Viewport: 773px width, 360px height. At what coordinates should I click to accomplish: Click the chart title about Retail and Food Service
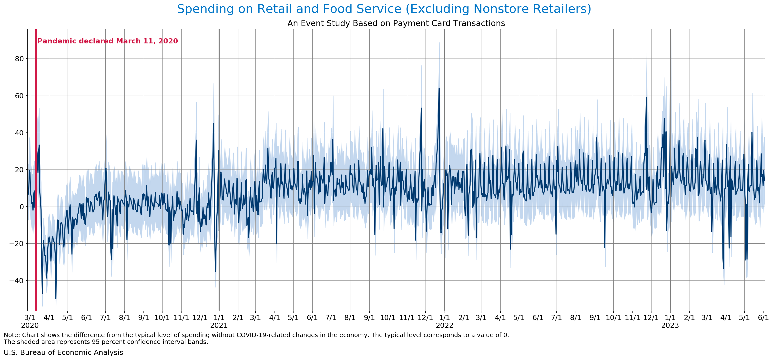pyautogui.click(x=384, y=9)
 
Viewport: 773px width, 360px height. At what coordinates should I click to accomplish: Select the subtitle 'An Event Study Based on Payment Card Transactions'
pyautogui.click(x=396, y=23)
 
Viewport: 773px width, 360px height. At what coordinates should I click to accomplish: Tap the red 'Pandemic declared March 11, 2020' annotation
pyautogui.click(x=107, y=41)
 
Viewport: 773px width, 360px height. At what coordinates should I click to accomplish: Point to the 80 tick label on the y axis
pyautogui.click(x=19, y=59)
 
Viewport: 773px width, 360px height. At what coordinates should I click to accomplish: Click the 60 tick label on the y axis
pyautogui.click(x=19, y=96)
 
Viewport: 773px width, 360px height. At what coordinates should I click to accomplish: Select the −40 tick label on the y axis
pyautogui.click(x=17, y=281)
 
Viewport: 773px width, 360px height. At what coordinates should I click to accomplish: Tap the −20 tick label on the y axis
pyautogui.click(x=17, y=244)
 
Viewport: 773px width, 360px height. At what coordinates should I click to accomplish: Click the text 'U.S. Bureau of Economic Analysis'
pyautogui.click(x=63, y=352)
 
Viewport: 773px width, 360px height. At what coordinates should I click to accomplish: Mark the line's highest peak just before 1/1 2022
pyautogui.click(x=439, y=88)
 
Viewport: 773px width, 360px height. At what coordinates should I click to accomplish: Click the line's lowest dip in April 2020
pyautogui.click(x=56, y=299)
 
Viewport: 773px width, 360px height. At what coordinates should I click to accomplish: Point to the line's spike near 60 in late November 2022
pyautogui.click(x=646, y=98)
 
